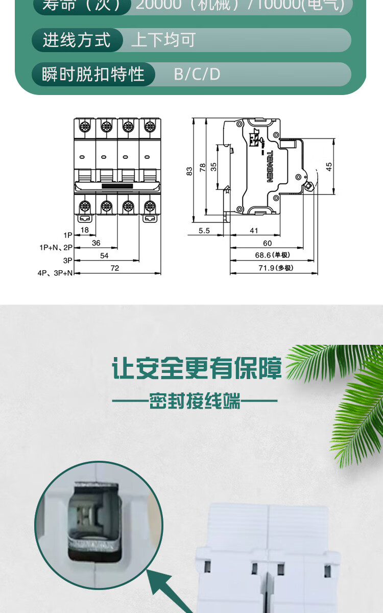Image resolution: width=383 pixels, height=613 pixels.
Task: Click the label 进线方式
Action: pos(77,40)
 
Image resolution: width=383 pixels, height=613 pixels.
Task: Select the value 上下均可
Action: pos(163,40)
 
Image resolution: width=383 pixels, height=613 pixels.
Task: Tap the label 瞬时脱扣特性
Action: pos(93,74)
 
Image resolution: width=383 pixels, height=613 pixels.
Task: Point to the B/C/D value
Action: pos(197,74)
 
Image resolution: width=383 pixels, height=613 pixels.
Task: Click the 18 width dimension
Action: pos(85,230)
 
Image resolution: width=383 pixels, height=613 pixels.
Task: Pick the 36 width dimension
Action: pos(96,243)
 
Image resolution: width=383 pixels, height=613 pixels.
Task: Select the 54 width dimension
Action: pos(104,255)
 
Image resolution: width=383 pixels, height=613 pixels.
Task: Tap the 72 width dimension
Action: pos(114,268)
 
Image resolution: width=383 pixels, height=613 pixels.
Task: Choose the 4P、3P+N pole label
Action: pos(55,273)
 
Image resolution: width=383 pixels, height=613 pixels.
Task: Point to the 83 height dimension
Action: pos(189,171)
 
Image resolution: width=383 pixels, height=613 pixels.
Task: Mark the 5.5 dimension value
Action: pos(204,230)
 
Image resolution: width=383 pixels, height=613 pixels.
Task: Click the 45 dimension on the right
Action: pos(329,167)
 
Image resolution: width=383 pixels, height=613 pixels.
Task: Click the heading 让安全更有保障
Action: pos(197,369)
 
